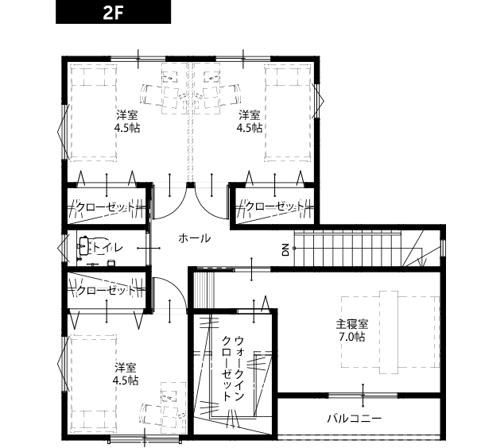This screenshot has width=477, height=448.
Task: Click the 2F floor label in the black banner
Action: pos(113,13)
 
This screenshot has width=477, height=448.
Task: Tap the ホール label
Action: pos(195,238)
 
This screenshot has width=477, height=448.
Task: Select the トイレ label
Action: pos(107,247)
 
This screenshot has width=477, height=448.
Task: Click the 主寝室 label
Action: pos(351,324)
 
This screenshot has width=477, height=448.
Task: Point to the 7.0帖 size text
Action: pos(351,337)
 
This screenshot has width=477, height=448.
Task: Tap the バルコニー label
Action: pos(355,419)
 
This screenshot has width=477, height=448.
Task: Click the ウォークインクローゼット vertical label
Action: pos(233,369)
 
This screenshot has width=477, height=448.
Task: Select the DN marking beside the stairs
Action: pos(285,250)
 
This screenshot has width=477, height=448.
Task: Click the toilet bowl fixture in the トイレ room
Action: pos(84,246)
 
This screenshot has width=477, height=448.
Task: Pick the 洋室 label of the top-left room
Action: pos(127,115)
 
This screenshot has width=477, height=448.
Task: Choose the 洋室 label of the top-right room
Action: pos(249,115)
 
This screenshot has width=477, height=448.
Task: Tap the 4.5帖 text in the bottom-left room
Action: pos(126,380)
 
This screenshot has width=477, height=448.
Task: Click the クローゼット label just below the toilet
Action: pos(105,290)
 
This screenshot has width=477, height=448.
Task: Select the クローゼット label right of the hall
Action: pos(274,207)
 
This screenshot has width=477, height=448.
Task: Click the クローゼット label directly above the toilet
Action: pos(105,207)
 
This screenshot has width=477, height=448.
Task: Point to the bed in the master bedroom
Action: pos(390,332)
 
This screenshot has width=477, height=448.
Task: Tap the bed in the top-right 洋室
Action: pos(288,113)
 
